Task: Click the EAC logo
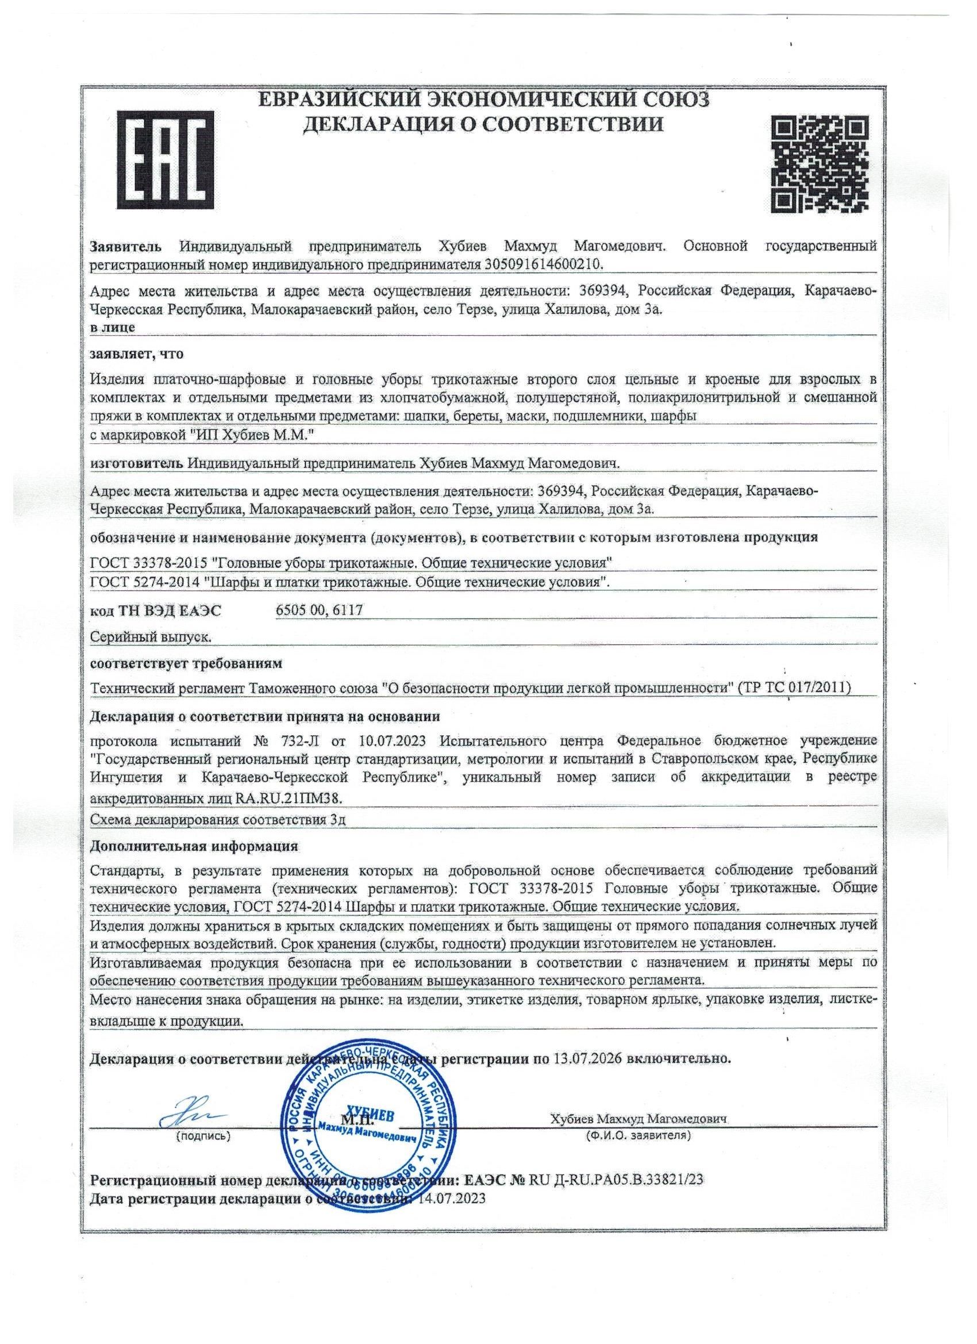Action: tap(166, 160)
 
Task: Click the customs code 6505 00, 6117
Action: tap(319, 610)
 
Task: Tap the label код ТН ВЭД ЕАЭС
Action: tap(155, 611)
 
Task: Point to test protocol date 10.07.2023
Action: tap(395, 741)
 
